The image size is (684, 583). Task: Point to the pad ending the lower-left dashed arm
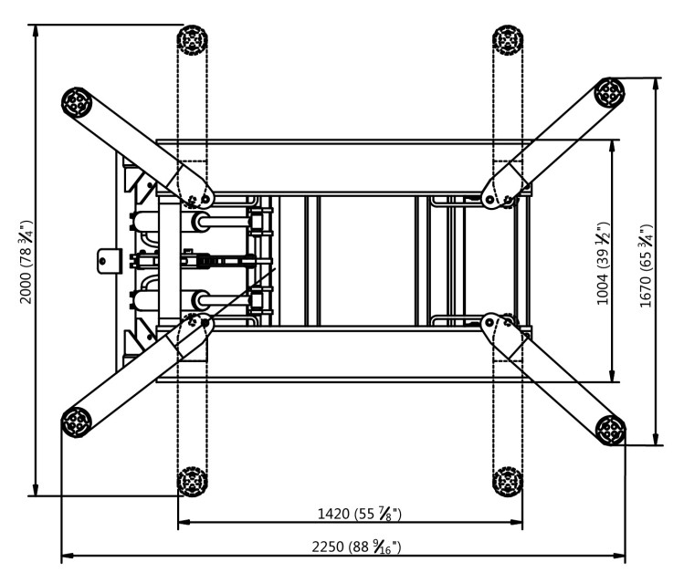click(x=191, y=479)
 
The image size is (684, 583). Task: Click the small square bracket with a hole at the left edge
click(x=108, y=260)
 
